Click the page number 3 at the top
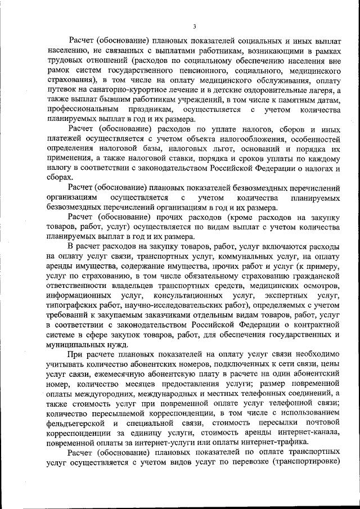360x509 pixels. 194,26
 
